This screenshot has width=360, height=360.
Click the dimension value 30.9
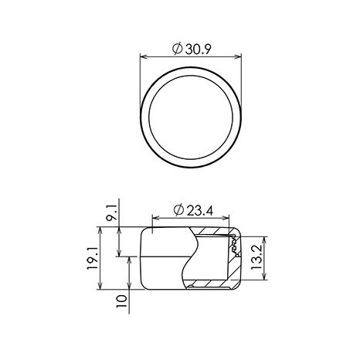[198, 49]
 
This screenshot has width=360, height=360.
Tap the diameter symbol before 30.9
[178, 49]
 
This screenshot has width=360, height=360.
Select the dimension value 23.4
[200, 211]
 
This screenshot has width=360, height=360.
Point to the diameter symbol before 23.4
[178, 210]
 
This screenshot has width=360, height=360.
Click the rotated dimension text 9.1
[112, 211]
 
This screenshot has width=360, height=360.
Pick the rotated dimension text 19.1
[93, 258]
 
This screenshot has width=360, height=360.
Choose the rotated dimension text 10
[122, 301]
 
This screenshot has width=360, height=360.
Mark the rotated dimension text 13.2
[256, 257]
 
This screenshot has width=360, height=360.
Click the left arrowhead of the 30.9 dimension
[144, 56]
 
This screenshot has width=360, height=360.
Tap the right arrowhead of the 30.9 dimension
[238, 56]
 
